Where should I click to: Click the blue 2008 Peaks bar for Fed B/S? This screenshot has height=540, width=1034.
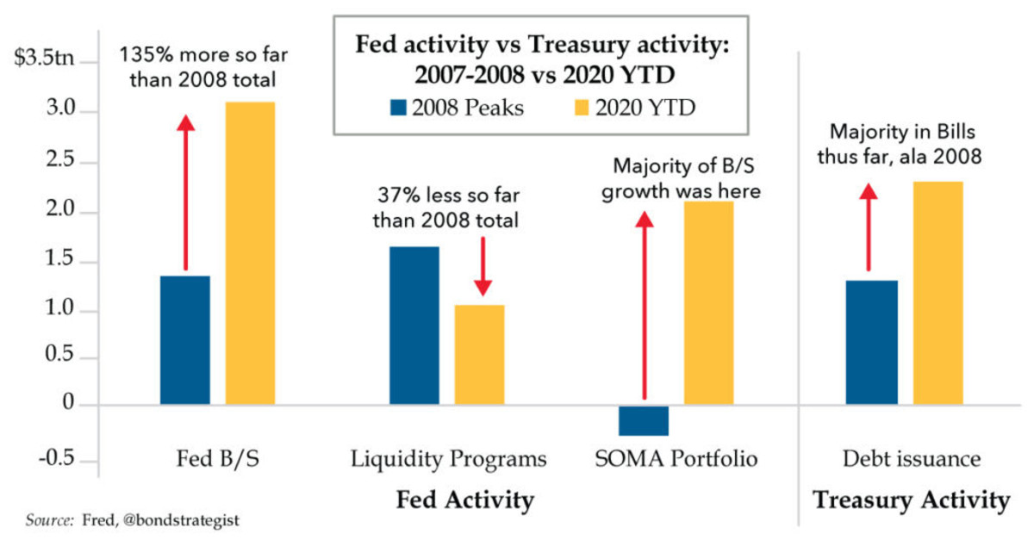pyautogui.click(x=185, y=340)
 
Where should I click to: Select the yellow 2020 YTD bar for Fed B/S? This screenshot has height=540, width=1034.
pyautogui.click(x=250, y=253)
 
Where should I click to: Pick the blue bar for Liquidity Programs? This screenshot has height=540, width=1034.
pyautogui.click(x=414, y=326)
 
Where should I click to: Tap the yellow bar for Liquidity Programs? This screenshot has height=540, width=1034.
pyautogui.click(x=480, y=355)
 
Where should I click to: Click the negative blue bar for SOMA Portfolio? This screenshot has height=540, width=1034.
pyautogui.click(x=644, y=420)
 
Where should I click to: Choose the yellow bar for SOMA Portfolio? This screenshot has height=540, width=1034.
pyautogui.click(x=709, y=303)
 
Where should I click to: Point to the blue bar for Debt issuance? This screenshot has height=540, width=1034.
pyautogui.click(x=871, y=343)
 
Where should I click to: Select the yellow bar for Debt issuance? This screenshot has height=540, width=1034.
pyautogui.click(x=937, y=293)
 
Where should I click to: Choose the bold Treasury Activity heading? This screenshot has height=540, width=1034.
pyautogui.click(x=911, y=500)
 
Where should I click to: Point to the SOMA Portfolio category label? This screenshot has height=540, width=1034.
pyautogui.click(x=676, y=459)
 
